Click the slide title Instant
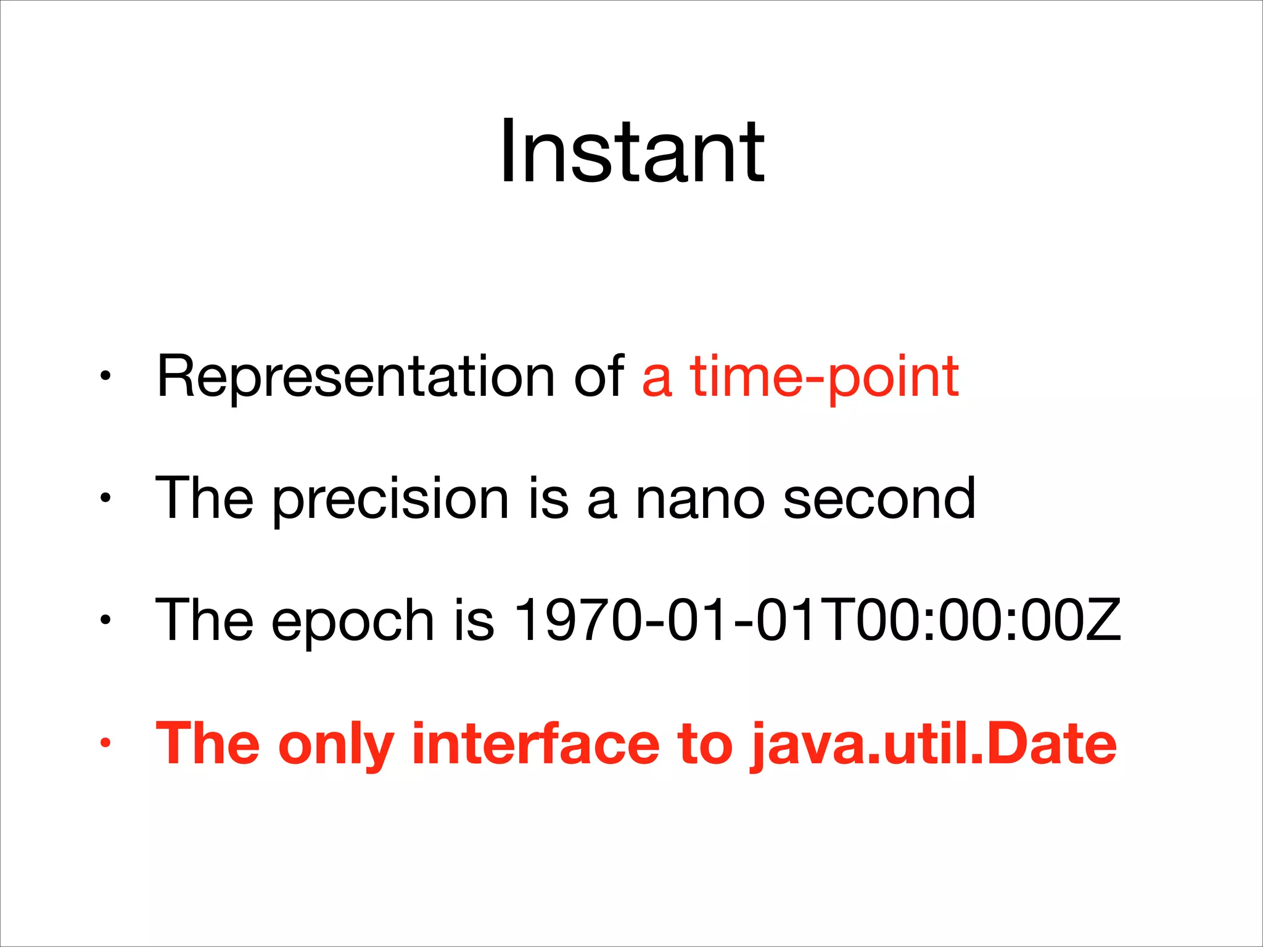click(x=631, y=152)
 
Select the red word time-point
click(x=824, y=377)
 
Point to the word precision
click(x=390, y=499)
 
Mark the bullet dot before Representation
click(x=105, y=375)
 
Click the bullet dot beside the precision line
click(x=105, y=498)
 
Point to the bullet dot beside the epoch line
click(x=105, y=620)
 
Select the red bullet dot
click(x=105, y=742)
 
